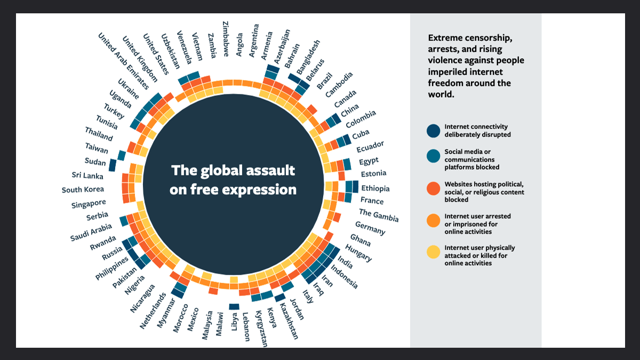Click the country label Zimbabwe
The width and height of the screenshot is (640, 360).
tap(226, 39)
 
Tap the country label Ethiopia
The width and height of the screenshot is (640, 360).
tap(375, 188)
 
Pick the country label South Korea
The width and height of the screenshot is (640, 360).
tap(83, 190)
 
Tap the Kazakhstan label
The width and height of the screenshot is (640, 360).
tap(289, 321)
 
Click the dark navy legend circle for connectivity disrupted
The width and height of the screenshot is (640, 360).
tap(434, 131)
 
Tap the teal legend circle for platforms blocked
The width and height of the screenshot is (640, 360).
tap(434, 156)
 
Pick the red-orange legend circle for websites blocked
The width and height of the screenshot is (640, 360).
tap(434, 188)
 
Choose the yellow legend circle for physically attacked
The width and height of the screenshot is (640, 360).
tap(434, 252)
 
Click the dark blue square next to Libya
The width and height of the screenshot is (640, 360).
tap(234, 306)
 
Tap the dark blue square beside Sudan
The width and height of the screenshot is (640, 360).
tap(113, 165)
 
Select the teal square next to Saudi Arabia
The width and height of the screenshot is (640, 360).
tap(124, 220)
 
